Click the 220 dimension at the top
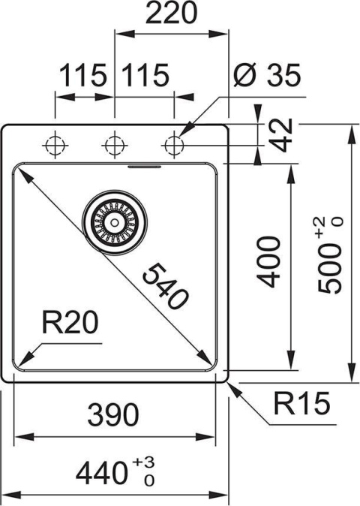coord(171,15)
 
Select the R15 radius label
coord(301,405)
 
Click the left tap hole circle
coord(55,143)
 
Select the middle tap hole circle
coord(114,143)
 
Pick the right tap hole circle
coord(174,143)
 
